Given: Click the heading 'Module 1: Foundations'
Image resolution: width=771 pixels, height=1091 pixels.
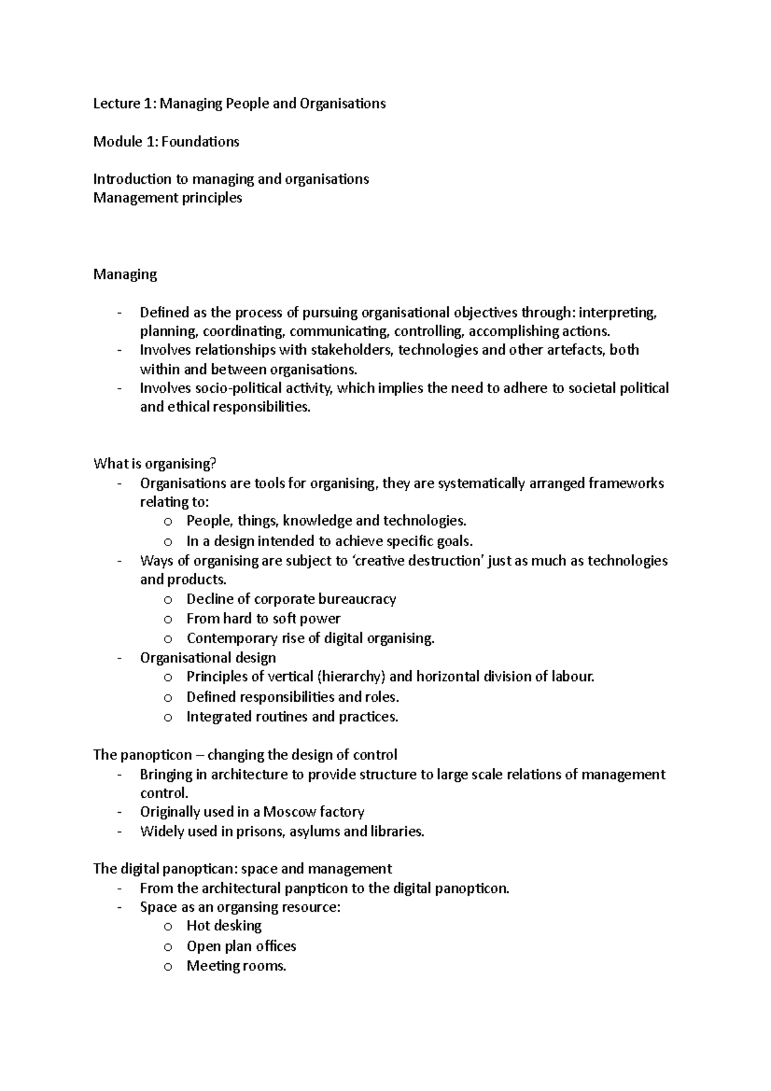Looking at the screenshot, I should click(x=166, y=141).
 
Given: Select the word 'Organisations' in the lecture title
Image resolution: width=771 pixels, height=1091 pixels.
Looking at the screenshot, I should click(x=342, y=103).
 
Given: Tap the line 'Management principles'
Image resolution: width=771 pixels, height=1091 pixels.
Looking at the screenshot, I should click(x=167, y=198).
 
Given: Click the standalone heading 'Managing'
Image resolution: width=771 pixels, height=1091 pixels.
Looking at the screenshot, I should click(x=125, y=274).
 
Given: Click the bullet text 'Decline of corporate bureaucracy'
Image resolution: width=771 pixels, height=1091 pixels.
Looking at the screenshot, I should click(x=291, y=599).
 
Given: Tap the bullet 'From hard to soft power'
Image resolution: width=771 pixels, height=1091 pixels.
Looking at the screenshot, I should click(x=263, y=619).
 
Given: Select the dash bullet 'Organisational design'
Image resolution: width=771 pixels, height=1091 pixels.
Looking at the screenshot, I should click(x=208, y=658).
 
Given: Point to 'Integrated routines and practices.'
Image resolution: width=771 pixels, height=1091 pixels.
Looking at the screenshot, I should click(x=292, y=716).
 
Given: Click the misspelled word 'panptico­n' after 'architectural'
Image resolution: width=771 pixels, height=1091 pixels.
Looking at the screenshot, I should click(x=334, y=889).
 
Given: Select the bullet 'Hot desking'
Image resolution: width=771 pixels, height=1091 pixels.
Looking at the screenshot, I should click(x=224, y=926).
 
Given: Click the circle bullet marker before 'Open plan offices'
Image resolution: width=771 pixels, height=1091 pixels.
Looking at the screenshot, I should click(x=168, y=947).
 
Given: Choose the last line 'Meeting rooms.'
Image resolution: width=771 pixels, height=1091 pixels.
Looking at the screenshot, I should click(x=236, y=966).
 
